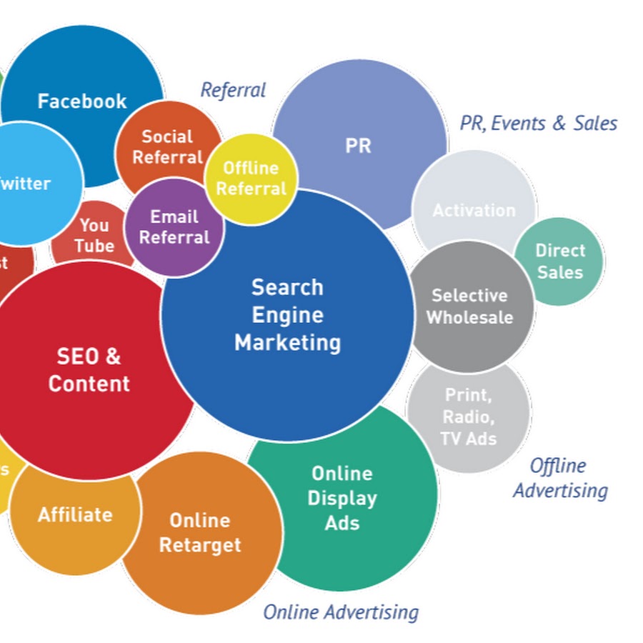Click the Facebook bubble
tap(82, 101)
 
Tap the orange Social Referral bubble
tap(167, 146)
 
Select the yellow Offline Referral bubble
tap(251, 178)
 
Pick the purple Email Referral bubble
tap(174, 227)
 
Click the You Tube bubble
tap(94, 236)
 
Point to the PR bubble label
tap(358, 146)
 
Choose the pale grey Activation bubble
tap(474, 210)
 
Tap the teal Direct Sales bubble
tap(560, 261)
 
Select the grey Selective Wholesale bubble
tap(470, 306)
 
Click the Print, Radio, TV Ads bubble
tap(469, 417)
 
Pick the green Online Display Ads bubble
tap(342, 498)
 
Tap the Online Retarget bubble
tap(200, 533)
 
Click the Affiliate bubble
tap(75, 514)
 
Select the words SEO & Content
tap(89, 369)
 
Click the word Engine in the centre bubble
tap(287, 315)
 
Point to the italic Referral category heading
tap(233, 90)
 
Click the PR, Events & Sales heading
tap(539, 123)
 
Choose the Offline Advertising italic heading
tap(560, 478)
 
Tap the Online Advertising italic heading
tap(341, 612)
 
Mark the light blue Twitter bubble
tap(29, 184)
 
